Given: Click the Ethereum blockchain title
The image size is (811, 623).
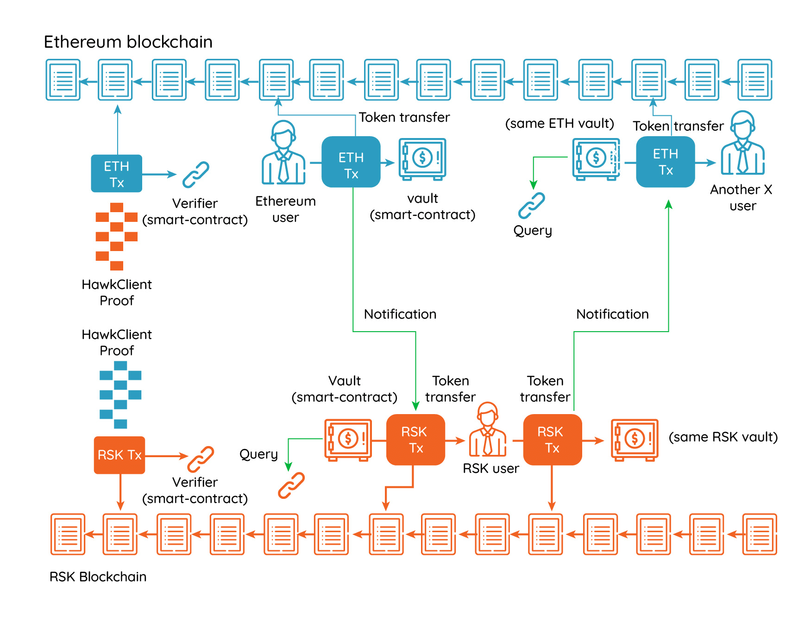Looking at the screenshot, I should (128, 42).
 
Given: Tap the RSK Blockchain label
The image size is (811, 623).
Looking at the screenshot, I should (98, 577).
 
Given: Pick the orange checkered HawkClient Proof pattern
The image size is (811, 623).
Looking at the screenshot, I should (117, 236).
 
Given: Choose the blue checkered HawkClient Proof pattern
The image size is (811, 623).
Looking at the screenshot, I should (120, 395).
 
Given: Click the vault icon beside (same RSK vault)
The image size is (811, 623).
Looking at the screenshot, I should (635, 440).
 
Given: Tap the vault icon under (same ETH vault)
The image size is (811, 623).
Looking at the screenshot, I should (596, 159).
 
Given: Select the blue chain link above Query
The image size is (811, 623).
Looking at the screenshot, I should (531, 205).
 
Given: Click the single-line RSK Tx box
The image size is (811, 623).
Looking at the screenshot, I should (119, 455).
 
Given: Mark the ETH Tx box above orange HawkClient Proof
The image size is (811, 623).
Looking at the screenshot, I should (117, 174).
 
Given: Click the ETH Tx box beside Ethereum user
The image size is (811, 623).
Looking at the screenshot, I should (351, 162).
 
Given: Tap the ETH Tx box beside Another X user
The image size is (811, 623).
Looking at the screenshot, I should (666, 162).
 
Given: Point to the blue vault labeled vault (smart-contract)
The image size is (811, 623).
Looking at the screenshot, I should (422, 159).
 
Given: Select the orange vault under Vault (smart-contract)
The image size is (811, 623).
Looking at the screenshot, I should (348, 440).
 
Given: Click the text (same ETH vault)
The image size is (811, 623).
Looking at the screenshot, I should (560, 124).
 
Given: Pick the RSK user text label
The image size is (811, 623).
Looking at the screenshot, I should (491, 468).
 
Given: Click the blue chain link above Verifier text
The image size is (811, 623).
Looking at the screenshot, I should (196, 174).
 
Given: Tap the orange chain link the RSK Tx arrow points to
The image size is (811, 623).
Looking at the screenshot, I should (201, 459).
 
